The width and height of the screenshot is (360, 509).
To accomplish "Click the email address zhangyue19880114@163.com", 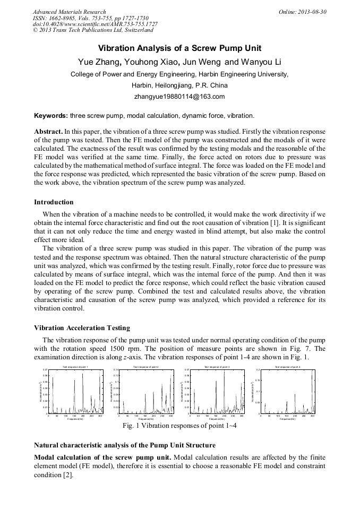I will pos(179,96).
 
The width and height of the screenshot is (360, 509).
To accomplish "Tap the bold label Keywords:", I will pos(51,115).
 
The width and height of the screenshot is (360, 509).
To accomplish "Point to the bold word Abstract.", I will pos(48,131).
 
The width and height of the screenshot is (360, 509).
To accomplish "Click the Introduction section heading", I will pos(54,202).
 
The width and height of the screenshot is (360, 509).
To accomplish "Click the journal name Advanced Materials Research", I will pos(69,12).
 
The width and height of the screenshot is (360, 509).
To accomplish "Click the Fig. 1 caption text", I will pos(179,426).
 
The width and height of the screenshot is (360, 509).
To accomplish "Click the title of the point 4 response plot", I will pos(287,367).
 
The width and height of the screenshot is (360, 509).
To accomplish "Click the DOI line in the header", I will pos(95,24).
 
